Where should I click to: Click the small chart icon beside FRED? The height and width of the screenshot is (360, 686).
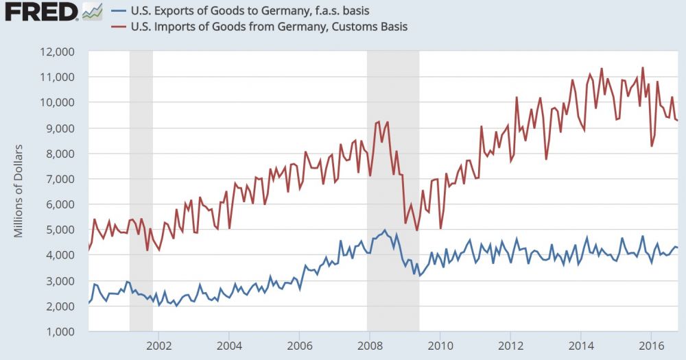(91, 12)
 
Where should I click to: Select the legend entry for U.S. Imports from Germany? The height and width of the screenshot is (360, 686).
(261, 27)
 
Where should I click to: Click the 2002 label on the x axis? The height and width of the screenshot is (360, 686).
(158, 345)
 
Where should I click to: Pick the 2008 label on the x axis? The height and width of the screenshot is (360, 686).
(370, 345)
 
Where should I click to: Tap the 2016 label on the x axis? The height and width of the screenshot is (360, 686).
(652, 345)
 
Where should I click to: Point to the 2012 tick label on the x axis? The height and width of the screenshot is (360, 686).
(510, 345)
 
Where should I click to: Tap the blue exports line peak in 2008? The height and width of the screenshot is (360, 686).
(384, 230)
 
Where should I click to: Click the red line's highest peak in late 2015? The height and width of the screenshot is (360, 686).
(643, 67)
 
